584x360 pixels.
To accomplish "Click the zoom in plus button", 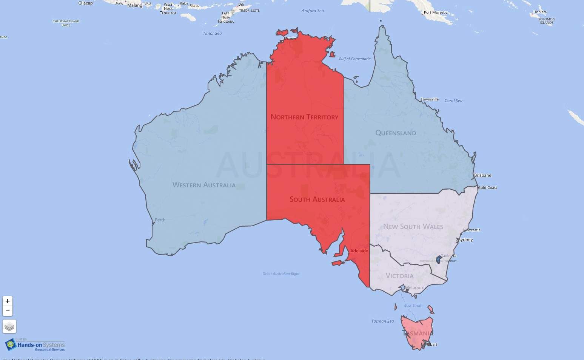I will click(8, 301).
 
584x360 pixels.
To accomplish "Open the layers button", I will click(9, 326).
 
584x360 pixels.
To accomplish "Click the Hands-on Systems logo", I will click(35, 345).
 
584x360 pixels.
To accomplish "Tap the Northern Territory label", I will click(304, 117).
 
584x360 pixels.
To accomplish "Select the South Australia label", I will click(317, 199).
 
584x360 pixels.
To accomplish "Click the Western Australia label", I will click(204, 185).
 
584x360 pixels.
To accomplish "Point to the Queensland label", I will click(396, 133).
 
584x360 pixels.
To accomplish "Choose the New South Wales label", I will click(413, 227).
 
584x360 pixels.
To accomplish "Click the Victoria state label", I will click(399, 276).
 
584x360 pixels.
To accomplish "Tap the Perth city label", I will click(160, 220).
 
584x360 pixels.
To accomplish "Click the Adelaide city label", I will click(359, 251).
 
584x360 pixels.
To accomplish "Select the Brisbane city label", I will click(483, 175).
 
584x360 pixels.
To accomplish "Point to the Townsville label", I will click(430, 99).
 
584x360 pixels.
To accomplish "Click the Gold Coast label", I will click(487, 188).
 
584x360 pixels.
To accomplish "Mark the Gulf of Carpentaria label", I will click(354, 59).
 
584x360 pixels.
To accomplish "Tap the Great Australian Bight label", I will click(281, 273).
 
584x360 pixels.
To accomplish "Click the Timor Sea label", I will click(212, 33).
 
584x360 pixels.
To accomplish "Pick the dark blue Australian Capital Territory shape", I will click(439, 260).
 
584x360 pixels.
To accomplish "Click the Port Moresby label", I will click(435, 12).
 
